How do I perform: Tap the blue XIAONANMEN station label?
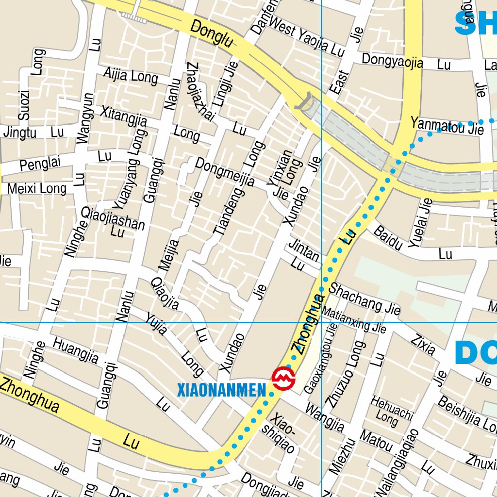point(222,390)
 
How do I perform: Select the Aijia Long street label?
point(131,75)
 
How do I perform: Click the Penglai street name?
point(41,164)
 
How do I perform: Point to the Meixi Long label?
point(37,188)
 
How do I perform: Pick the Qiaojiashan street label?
point(113,218)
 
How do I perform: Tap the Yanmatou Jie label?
point(447,127)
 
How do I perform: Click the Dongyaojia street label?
point(392,62)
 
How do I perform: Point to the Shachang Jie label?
point(364,298)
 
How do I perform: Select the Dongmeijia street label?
point(225,172)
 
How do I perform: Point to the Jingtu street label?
point(20,132)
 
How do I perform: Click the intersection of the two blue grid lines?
point(321,322)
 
